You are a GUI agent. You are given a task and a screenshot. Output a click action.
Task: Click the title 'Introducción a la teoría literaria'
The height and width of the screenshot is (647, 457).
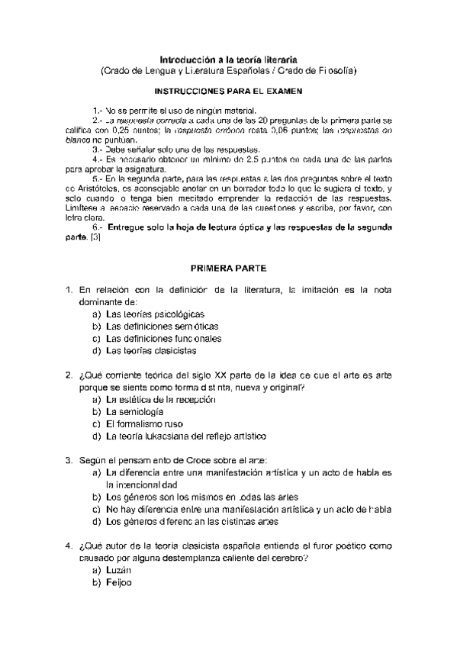coord(228,58)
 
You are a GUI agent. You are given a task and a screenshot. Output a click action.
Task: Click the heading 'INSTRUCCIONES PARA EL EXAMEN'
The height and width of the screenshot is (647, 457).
coord(228,90)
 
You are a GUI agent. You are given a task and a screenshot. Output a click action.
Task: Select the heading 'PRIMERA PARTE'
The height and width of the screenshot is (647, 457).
coord(228,269)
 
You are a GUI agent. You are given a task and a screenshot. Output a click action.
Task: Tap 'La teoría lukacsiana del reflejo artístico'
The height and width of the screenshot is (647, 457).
coord(186,436)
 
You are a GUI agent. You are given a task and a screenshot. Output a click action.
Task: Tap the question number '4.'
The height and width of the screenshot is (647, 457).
coord(69,546)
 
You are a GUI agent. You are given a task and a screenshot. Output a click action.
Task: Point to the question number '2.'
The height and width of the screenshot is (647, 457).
coord(69,375)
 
